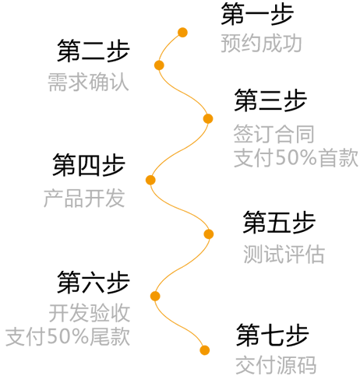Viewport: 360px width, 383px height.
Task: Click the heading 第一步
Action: point(257,14)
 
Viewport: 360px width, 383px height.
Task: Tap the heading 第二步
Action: point(94,51)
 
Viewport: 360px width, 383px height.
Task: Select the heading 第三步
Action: point(270,100)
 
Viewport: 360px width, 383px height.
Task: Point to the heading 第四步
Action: point(89,165)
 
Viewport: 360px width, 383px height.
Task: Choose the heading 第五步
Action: point(279,223)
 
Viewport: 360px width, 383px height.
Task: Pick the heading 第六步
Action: point(94,283)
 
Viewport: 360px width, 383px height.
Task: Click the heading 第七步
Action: point(273,335)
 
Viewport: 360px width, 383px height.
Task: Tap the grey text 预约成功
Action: point(261,44)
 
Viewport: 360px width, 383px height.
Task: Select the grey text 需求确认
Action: point(88,82)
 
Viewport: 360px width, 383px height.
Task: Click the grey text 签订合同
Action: point(274,134)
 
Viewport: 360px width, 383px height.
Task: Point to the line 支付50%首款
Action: point(296,157)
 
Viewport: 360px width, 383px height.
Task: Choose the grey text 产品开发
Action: point(84,198)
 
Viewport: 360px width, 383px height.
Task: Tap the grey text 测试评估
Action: point(284,254)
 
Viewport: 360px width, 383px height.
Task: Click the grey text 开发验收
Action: point(90,313)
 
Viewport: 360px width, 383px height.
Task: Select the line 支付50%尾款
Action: point(68,336)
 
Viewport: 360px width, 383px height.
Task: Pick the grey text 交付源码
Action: point(276,365)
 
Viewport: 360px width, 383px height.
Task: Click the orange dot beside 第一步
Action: point(182,33)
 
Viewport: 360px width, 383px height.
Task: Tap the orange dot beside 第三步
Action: point(208,119)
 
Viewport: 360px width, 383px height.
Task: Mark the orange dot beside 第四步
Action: point(150,180)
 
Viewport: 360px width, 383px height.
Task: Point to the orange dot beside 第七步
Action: point(205,350)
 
